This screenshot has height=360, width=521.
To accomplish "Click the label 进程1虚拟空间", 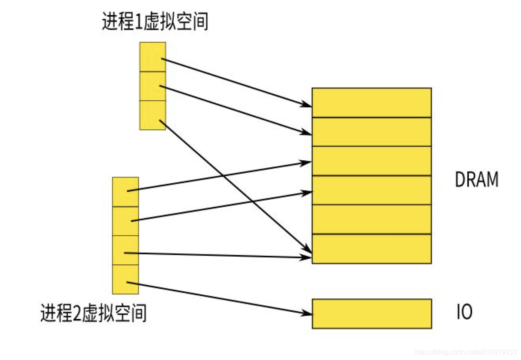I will (x=155, y=22).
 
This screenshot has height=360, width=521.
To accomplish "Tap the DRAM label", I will (x=476, y=179).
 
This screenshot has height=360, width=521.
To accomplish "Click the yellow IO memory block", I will (x=372, y=314).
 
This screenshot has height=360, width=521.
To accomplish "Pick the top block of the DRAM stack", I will (x=372, y=102).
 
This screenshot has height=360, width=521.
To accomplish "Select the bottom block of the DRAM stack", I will (x=372, y=249).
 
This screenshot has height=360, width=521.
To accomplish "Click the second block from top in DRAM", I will (x=372, y=132).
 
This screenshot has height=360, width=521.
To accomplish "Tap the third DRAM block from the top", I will (x=372, y=161).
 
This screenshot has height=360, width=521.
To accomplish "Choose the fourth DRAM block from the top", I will (x=372, y=190).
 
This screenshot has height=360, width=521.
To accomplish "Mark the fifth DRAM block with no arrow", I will (x=372, y=219).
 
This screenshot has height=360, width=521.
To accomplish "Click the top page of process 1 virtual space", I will (x=152, y=56).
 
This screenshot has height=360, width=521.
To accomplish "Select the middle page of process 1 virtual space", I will (x=152, y=86).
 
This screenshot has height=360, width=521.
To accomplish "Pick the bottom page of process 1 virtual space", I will (x=152, y=115).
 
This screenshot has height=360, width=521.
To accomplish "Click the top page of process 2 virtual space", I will (x=125, y=192).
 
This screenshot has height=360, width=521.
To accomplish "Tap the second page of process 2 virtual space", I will (x=125, y=221).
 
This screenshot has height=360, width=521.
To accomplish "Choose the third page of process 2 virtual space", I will (x=125, y=250).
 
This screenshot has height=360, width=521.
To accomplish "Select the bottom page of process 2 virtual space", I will (x=125, y=279).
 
